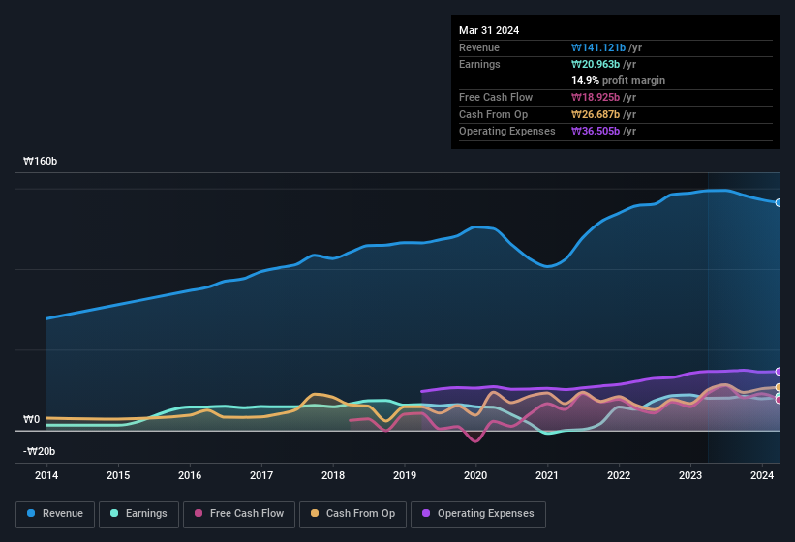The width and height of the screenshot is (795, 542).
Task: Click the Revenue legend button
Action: coord(55,514)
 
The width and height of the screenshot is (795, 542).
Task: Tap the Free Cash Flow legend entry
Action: coord(239,514)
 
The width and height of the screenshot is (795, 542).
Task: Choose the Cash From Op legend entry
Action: coord(352,514)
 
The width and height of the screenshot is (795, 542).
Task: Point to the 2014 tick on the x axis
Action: coord(46,475)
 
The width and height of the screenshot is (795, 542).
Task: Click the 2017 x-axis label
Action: coord(261,475)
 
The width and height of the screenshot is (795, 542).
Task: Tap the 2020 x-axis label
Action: coord(475,475)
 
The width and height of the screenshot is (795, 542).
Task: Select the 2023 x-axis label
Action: coord(690,475)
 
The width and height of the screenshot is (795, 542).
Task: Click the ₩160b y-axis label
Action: coord(41,162)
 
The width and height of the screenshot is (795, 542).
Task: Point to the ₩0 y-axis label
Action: coord(32,420)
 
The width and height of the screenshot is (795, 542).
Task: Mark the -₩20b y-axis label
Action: coord(40,451)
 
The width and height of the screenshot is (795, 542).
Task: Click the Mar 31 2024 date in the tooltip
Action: coord(489,30)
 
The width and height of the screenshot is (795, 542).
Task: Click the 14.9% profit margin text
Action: coord(618,80)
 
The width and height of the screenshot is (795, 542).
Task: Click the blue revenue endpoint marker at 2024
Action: coord(779,203)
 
